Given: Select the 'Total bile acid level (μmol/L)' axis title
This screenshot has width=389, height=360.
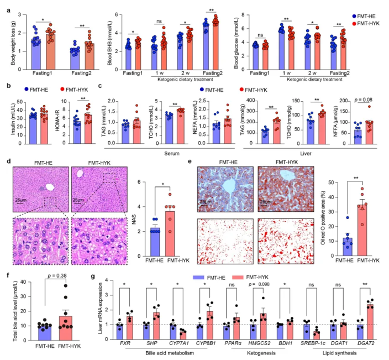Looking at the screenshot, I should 8,309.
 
